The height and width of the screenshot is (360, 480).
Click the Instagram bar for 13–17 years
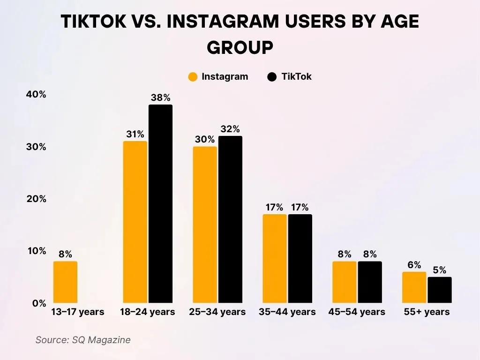pos(65,282)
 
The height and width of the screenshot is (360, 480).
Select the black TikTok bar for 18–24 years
pos(160,204)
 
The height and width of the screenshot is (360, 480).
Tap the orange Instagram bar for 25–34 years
pos(205,225)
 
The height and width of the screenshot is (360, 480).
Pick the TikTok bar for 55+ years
pos(439,290)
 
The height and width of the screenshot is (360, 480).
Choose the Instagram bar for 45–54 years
pos(344,282)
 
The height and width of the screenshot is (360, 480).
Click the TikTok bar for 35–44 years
pos(300,259)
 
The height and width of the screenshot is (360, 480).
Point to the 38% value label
pos(160,98)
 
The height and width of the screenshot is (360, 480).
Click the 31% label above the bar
pos(135,135)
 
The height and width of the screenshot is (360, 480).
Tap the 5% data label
pos(439,270)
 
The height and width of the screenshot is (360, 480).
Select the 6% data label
pos(414,265)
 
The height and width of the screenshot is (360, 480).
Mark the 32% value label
pos(230,129)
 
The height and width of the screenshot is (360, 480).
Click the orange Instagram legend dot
pos(193,77)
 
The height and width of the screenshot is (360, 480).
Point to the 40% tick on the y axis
pos(36,95)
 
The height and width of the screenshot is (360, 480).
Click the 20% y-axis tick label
pos(36,199)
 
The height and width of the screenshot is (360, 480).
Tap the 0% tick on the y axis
pos(39,303)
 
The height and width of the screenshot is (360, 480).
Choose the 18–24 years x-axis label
pos(148,312)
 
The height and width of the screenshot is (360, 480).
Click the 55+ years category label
pos(427,312)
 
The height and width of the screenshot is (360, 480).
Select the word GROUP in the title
pos(240,47)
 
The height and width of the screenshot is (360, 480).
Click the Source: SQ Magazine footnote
pos(83,340)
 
